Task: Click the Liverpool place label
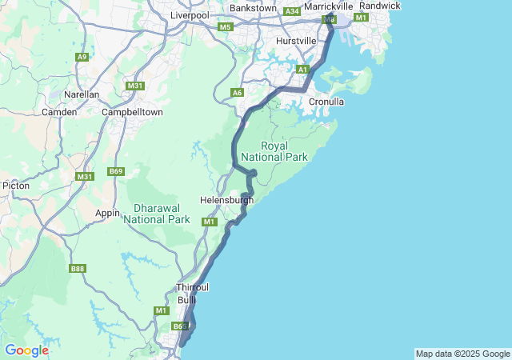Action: (x=190, y=15)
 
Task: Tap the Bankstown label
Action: (x=253, y=8)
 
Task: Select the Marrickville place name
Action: (x=329, y=6)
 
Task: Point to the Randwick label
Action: (x=380, y=6)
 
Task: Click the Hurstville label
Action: (x=297, y=40)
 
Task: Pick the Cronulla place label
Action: (x=326, y=102)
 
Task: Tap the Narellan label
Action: (x=82, y=94)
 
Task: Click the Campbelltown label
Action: (x=133, y=112)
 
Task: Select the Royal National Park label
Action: (x=284, y=152)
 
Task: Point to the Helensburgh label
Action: (x=226, y=200)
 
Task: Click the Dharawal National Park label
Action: (x=157, y=213)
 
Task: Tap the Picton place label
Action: (x=16, y=186)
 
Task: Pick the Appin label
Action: (x=107, y=213)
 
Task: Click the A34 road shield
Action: (x=292, y=11)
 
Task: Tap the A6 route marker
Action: (x=237, y=93)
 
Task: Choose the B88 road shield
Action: (x=78, y=269)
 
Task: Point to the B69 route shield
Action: (x=117, y=171)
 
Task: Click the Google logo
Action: (x=26, y=350)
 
